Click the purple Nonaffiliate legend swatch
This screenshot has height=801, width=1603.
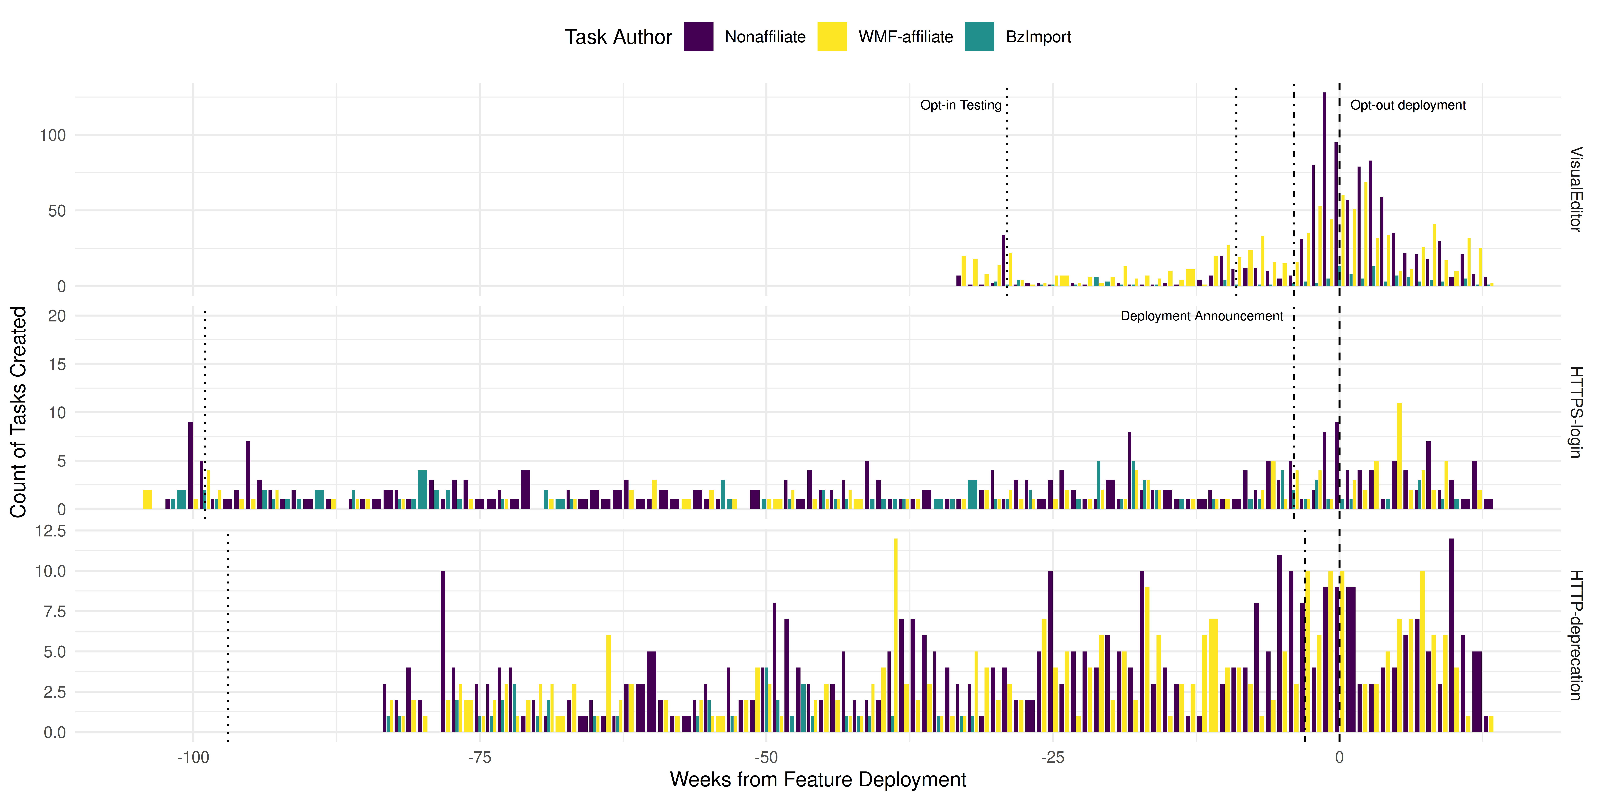[x=698, y=37]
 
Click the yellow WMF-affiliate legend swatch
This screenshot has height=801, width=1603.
[x=832, y=37]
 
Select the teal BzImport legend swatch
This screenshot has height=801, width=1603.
[x=979, y=37]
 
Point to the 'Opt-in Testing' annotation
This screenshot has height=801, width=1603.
[x=961, y=105]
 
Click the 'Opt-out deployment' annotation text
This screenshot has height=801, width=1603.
[x=1408, y=105]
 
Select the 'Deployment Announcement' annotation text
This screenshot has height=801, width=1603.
[x=1202, y=316]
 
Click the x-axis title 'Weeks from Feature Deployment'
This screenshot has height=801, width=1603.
[x=818, y=779]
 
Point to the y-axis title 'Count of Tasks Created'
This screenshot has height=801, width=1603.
[x=19, y=412]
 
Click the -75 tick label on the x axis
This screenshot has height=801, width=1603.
[x=479, y=757]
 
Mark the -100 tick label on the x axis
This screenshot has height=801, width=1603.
[x=193, y=757]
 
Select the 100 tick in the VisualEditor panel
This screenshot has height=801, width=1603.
[x=53, y=135]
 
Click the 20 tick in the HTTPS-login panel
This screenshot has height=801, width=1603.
[x=57, y=316]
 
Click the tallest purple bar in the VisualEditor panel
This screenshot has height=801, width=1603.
[x=1324, y=187]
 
